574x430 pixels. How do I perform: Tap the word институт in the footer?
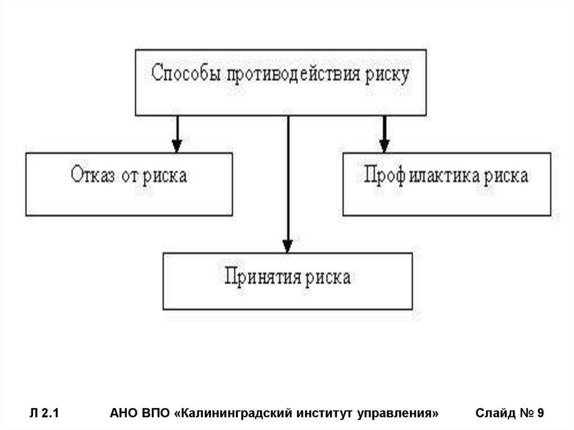[x=327, y=414]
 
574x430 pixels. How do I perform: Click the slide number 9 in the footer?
[x=540, y=414]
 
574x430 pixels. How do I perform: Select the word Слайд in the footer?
[x=495, y=414]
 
